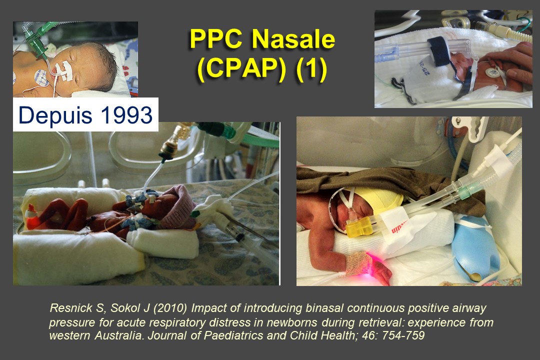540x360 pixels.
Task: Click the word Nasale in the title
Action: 293,38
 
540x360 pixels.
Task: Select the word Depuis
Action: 55,115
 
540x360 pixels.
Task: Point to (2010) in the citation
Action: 170,308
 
